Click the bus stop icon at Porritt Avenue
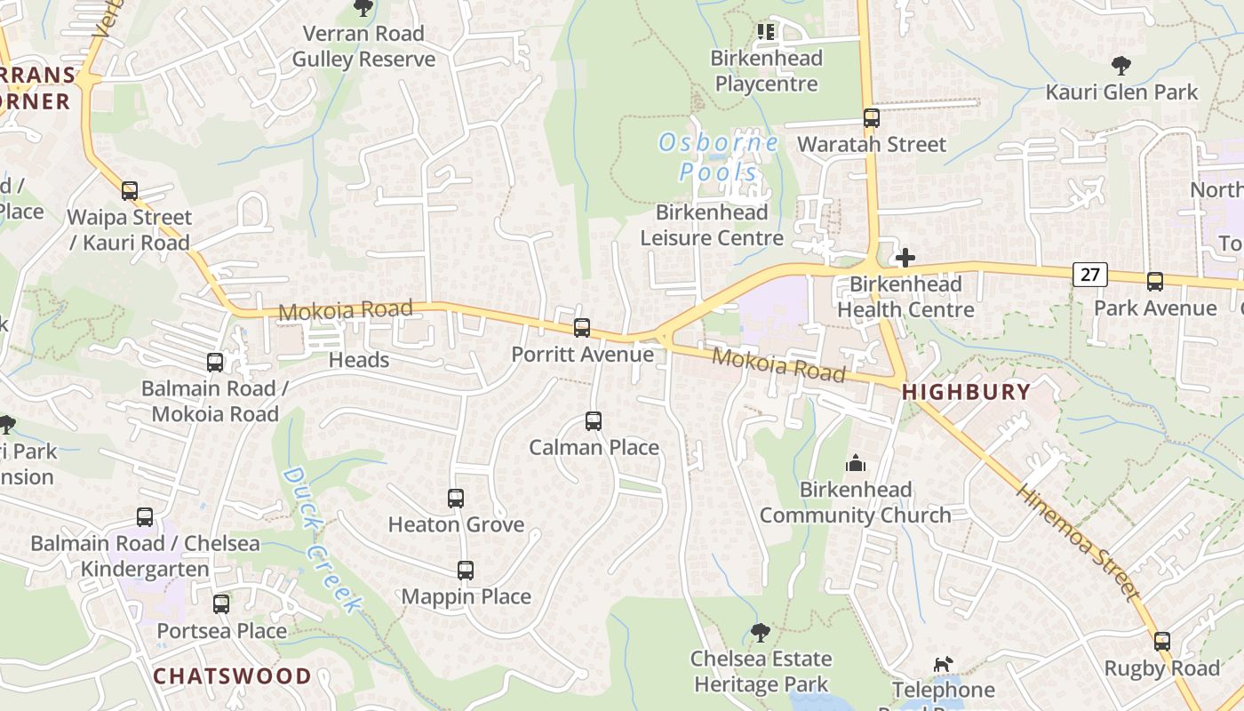[582, 328]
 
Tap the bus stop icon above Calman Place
[594, 421]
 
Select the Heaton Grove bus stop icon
[456, 499]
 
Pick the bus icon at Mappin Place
[466, 571]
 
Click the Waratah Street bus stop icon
[872, 118]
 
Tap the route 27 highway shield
[1090, 275]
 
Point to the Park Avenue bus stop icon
[1155, 282]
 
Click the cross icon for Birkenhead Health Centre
[905, 258]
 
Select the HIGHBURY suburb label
[967, 392]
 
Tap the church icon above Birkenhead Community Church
[856, 463]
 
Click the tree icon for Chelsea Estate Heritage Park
[760, 633]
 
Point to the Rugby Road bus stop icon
[1162, 642]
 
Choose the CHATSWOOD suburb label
[233, 676]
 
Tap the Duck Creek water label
[323, 540]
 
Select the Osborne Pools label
[719, 156]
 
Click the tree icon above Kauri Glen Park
[1121, 65]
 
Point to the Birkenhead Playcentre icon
[766, 33]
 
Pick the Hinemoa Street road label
[1077, 541]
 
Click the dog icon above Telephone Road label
[943, 664]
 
